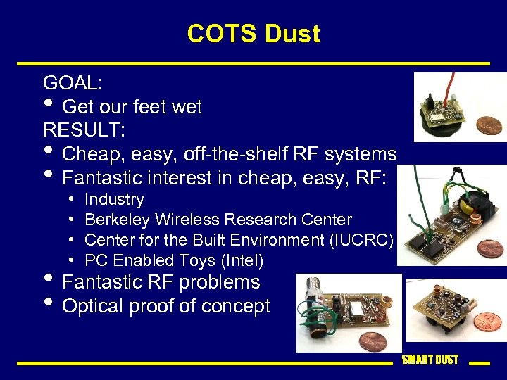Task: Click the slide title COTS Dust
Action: point(254,34)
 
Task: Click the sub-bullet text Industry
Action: point(114,200)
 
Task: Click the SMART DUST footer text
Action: point(430,360)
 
